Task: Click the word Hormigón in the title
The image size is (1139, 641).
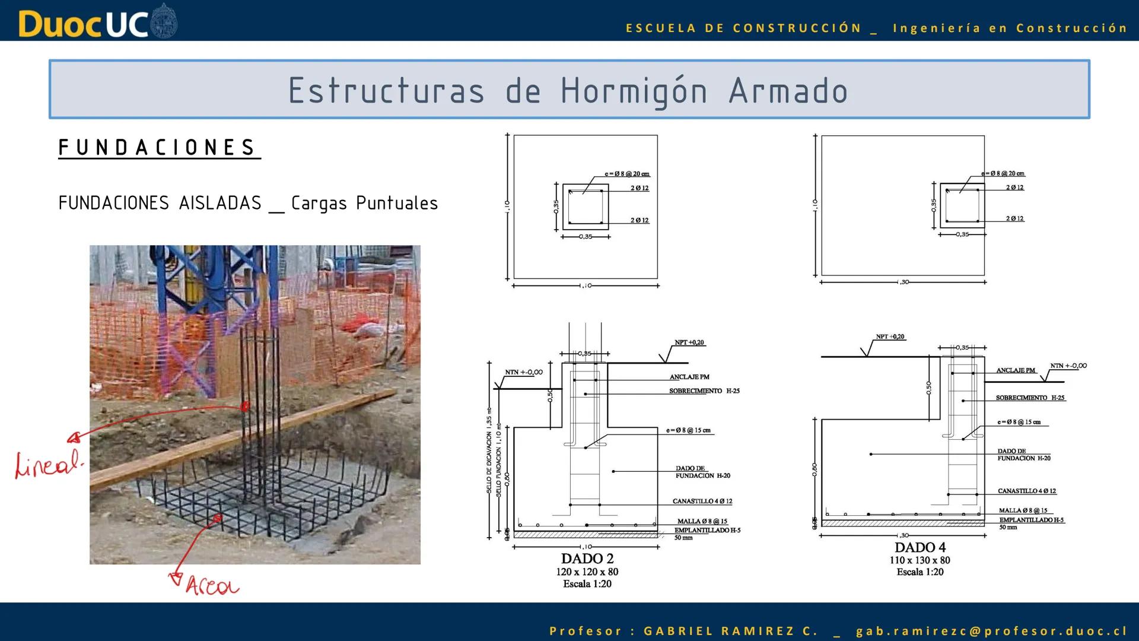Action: click(x=634, y=91)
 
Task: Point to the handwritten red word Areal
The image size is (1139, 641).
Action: click(x=212, y=586)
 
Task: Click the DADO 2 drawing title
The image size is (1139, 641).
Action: click(x=587, y=559)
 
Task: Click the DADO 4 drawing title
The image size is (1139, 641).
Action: click(x=920, y=547)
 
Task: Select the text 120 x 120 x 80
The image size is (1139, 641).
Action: click(x=587, y=572)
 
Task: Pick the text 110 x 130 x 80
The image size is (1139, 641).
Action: click(x=920, y=560)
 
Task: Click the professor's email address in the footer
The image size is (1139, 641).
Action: click(x=991, y=631)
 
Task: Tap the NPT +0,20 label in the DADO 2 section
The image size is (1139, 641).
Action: click(x=689, y=342)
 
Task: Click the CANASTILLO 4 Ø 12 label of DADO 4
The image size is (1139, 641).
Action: click(x=1027, y=491)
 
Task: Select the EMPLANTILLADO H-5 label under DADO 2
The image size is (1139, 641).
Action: click(x=707, y=530)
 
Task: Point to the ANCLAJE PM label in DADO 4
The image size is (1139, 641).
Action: click(x=1016, y=370)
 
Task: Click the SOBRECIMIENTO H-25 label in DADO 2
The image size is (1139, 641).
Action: click(x=704, y=391)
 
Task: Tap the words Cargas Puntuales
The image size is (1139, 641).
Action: click(x=364, y=204)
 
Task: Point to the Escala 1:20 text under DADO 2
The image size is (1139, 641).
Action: click(x=587, y=584)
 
